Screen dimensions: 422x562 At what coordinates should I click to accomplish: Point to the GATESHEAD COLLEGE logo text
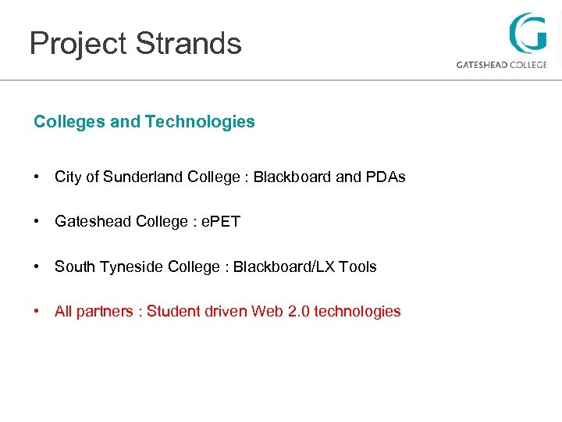pyautogui.click(x=501, y=65)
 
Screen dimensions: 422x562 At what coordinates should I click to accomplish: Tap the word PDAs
pyautogui.click(x=386, y=177)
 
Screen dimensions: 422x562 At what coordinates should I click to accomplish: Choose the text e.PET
pyautogui.click(x=221, y=222)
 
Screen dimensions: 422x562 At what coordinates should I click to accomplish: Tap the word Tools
pyautogui.click(x=358, y=267)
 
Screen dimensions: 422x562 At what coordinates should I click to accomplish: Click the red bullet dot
pyautogui.click(x=37, y=312)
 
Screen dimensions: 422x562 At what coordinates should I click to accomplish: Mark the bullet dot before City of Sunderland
pyautogui.click(x=37, y=177)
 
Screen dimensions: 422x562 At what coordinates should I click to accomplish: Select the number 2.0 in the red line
pyautogui.click(x=299, y=312)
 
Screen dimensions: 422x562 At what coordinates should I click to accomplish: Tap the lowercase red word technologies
pyautogui.click(x=357, y=312)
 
